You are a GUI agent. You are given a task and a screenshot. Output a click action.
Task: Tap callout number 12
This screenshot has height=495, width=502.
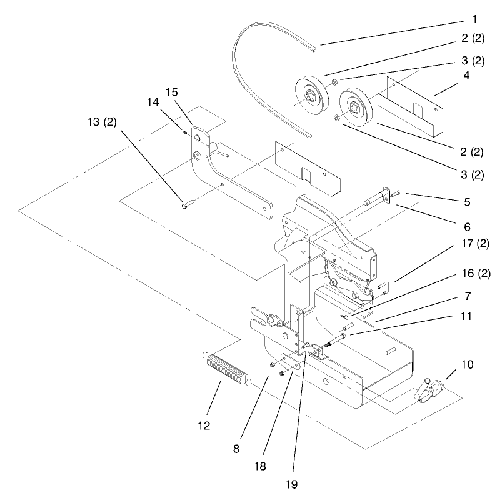pos(204,426)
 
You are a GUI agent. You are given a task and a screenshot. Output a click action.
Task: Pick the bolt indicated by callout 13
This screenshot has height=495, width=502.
pos(188,203)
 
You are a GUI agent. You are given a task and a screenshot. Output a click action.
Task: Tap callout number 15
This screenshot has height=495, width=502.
pos(171,92)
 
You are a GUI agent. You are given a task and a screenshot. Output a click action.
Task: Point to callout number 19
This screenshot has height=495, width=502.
pos(292,484)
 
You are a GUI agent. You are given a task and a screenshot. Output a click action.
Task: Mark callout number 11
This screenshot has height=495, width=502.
pos(466,317)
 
